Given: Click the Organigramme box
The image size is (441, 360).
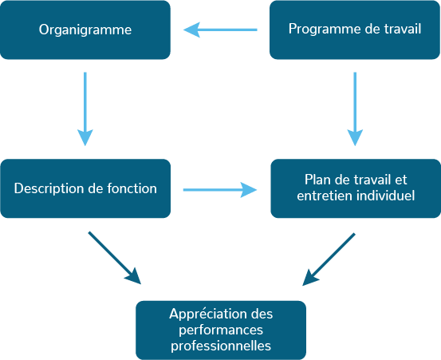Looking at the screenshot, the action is click(85, 30).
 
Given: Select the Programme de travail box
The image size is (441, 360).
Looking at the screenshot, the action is click(355, 30).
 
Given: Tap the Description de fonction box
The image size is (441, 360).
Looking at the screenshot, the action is click(85, 188).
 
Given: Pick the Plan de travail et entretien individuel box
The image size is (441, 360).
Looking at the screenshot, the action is click(356, 188).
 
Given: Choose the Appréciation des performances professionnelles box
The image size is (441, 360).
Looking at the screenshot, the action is click(221, 330).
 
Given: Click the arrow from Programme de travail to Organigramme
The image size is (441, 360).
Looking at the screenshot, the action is click(220, 30).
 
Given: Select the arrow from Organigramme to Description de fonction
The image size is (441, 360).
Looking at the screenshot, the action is click(85, 109).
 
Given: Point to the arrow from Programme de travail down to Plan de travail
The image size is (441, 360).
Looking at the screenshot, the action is click(355, 109).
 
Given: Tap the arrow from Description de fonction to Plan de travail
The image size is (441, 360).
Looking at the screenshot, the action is click(220, 190).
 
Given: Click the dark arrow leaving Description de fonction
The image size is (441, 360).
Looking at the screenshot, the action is click(115, 258).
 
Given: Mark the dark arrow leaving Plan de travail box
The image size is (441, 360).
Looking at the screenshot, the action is click(329, 259).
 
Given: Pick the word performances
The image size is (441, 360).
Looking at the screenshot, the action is click(221, 330).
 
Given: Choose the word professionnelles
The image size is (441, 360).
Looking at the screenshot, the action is click(221, 346).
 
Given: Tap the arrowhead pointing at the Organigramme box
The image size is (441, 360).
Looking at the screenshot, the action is click(191, 30).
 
